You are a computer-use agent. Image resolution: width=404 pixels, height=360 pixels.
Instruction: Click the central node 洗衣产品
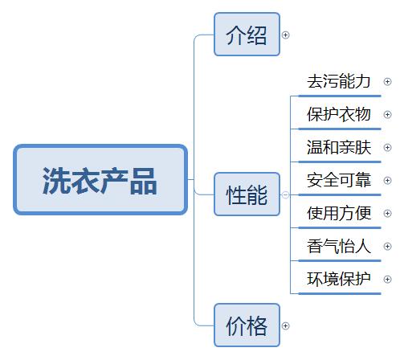100,180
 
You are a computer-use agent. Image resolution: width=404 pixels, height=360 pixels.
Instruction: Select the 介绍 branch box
247,35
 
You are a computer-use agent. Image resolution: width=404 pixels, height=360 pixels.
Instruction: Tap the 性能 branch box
247,194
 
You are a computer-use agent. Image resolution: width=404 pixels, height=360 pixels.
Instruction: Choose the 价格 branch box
247,325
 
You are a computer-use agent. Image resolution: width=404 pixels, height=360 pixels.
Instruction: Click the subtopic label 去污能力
339,81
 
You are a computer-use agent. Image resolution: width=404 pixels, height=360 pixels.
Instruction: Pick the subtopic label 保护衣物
339,114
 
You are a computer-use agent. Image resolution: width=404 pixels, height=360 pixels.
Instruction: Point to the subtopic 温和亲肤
339,147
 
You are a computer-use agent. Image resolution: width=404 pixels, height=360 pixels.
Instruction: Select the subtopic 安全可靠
339,180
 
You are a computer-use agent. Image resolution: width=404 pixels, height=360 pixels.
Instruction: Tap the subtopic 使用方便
339,213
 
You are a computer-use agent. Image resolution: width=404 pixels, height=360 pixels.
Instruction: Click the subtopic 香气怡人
339,246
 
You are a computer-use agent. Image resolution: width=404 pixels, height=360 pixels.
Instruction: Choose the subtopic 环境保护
339,279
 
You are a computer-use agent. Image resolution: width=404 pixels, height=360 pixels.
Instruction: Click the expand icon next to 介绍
285,35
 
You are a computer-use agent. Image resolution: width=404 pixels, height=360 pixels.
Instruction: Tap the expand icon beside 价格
285,325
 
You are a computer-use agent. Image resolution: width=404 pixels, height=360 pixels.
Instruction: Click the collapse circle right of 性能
285,194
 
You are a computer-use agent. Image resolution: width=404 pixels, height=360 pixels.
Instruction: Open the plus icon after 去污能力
388,81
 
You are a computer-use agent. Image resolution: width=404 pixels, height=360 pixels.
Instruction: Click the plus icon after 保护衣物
388,114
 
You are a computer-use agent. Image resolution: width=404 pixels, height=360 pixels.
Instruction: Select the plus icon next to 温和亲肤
388,147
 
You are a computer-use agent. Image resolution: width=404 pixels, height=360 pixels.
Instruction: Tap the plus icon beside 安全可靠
388,180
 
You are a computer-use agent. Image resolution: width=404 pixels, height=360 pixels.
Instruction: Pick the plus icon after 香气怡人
388,246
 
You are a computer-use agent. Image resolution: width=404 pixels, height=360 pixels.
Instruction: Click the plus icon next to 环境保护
388,279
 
